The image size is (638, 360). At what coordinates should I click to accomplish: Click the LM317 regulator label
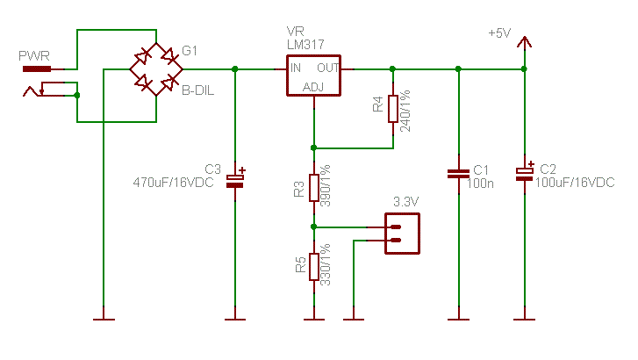click(305, 45)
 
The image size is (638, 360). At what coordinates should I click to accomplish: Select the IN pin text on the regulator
click(297, 68)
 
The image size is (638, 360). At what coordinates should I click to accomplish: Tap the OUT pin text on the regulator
click(327, 68)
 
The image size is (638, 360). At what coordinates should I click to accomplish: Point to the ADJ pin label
click(313, 86)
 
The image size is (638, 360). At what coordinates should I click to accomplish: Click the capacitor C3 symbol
click(235, 179)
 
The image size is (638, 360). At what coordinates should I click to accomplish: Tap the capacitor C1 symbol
click(457, 173)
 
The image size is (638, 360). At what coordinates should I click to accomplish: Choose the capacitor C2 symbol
click(524, 173)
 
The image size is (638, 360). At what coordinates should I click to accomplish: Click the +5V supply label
click(498, 33)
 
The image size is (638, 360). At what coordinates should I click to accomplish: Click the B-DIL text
click(197, 90)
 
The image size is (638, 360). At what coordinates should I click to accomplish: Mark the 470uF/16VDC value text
click(173, 183)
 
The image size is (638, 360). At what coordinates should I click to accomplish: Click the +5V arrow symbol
click(524, 41)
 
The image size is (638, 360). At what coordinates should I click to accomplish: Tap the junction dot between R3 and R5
click(313, 227)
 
